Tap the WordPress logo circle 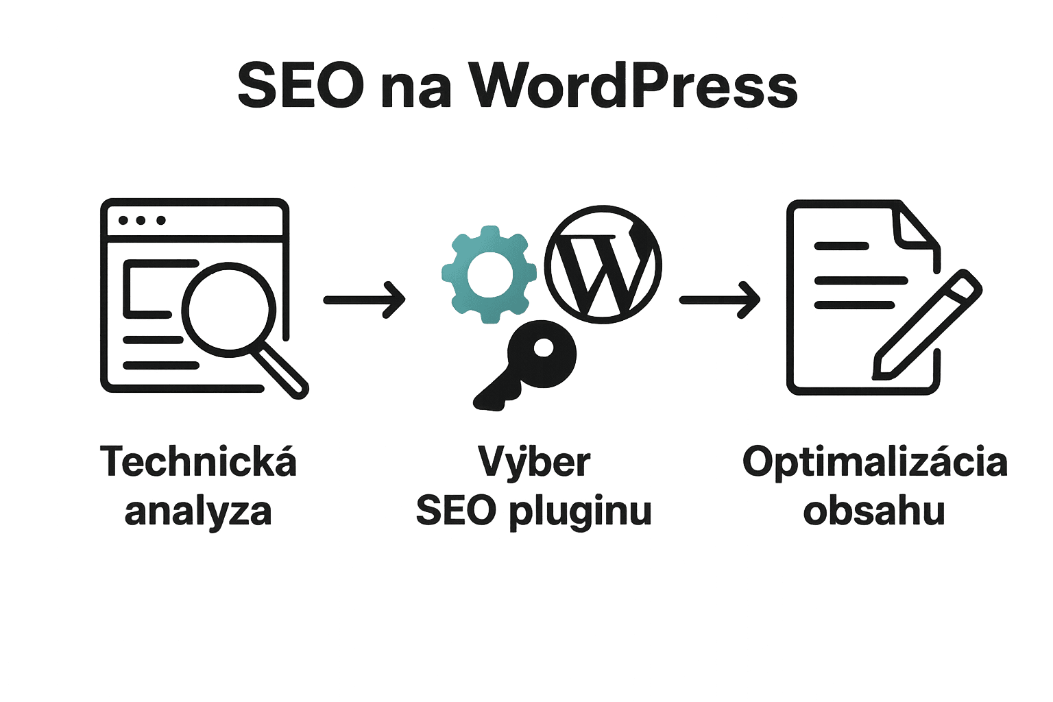(603, 266)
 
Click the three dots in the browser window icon (142, 221)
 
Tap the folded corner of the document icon (916, 230)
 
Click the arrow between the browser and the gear (364, 300)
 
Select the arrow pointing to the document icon (719, 300)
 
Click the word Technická (198, 462)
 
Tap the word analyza (198, 511)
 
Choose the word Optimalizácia (875, 462)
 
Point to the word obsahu (875, 511)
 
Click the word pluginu (579, 513)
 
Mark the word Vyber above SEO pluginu (534, 462)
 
